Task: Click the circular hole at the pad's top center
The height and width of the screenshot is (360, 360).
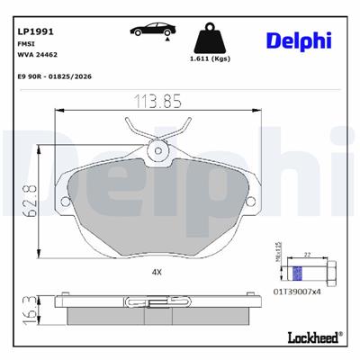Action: coord(160,150)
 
